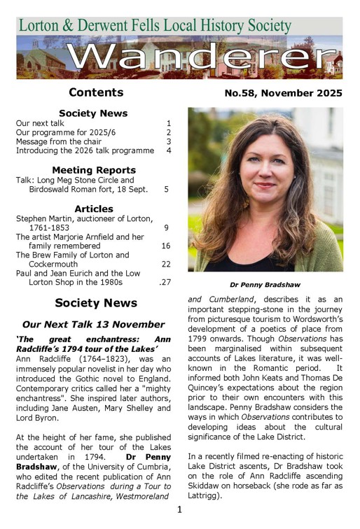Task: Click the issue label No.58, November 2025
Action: point(283,93)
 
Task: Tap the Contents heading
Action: point(96,92)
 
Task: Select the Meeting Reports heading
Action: point(94,170)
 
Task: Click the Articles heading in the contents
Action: point(94,209)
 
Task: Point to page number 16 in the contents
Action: point(166,246)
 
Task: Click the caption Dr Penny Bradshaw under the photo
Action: point(265,285)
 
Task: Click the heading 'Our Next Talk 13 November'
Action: point(94,325)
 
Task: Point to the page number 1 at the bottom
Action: point(179,509)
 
